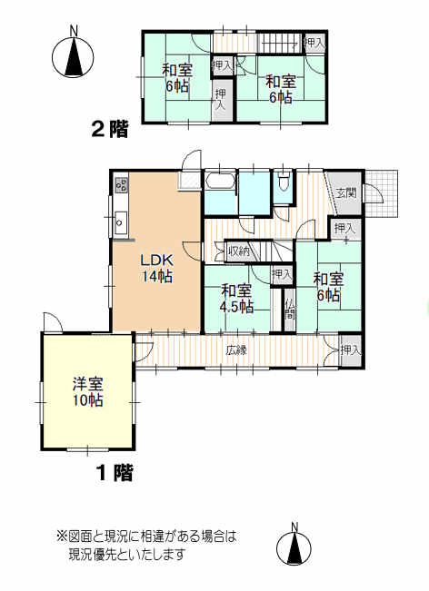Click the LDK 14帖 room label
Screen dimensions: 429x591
(157, 269)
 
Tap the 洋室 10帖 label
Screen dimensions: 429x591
(87, 392)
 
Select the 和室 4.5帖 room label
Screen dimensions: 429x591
(236, 299)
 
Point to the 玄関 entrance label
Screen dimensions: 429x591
(346, 193)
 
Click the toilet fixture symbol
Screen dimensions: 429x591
(283, 181)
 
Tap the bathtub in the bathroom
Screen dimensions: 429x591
(221, 181)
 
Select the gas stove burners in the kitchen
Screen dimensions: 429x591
(122, 184)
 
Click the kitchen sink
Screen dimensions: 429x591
(121, 222)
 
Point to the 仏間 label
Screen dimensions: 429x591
(289, 309)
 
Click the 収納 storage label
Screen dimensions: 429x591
(239, 251)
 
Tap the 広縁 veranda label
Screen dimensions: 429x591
(236, 350)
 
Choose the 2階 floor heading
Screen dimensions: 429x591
(110, 129)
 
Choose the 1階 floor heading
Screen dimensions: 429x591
(115, 473)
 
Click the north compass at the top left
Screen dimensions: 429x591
(73, 57)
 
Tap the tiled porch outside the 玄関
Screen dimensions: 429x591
(381, 193)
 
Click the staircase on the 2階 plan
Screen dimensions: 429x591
(279, 43)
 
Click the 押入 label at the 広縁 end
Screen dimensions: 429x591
(351, 350)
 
